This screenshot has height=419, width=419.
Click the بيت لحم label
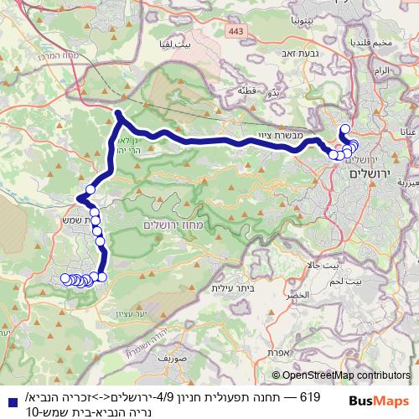pos(369,283)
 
